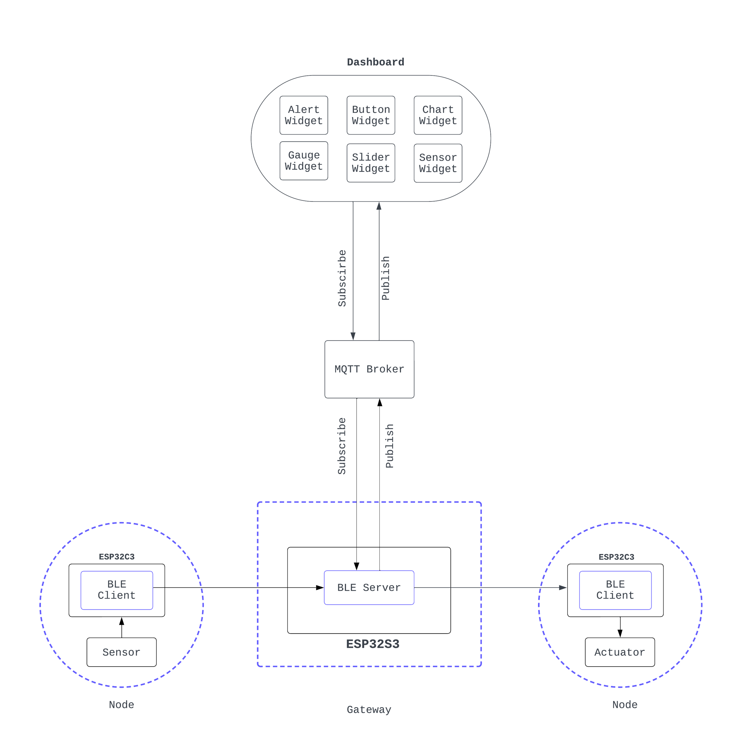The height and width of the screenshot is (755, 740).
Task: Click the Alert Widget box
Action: (x=304, y=115)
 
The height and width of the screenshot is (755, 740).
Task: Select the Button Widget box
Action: (x=371, y=115)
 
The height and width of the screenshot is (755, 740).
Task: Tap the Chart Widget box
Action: (x=438, y=115)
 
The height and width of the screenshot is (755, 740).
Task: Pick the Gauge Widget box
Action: (x=304, y=160)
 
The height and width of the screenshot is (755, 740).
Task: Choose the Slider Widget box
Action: (x=371, y=163)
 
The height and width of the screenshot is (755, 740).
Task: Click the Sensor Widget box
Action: (x=438, y=163)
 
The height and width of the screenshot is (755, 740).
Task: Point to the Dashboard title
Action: (x=375, y=62)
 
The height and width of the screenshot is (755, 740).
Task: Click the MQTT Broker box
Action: (x=369, y=369)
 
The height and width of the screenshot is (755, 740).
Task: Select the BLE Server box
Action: (x=369, y=588)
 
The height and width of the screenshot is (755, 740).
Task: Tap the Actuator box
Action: (x=620, y=652)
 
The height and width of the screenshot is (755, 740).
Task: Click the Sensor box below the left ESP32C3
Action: (x=122, y=652)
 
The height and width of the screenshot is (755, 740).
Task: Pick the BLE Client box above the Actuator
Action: (x=615, y=590)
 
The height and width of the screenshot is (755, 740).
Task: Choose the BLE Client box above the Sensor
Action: (x=117, y=590)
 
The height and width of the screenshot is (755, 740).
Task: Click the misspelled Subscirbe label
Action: (x=342, y=278)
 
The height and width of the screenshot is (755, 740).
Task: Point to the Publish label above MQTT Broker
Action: (x=385, y=278)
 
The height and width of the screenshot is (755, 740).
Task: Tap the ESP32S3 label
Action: (x=373, y=644)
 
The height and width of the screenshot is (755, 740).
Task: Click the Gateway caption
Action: (x=369, y=709)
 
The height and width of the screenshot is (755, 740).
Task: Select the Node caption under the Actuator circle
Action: (x=625, y=704)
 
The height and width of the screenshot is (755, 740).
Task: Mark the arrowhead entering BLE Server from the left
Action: (x=320, y=588)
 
